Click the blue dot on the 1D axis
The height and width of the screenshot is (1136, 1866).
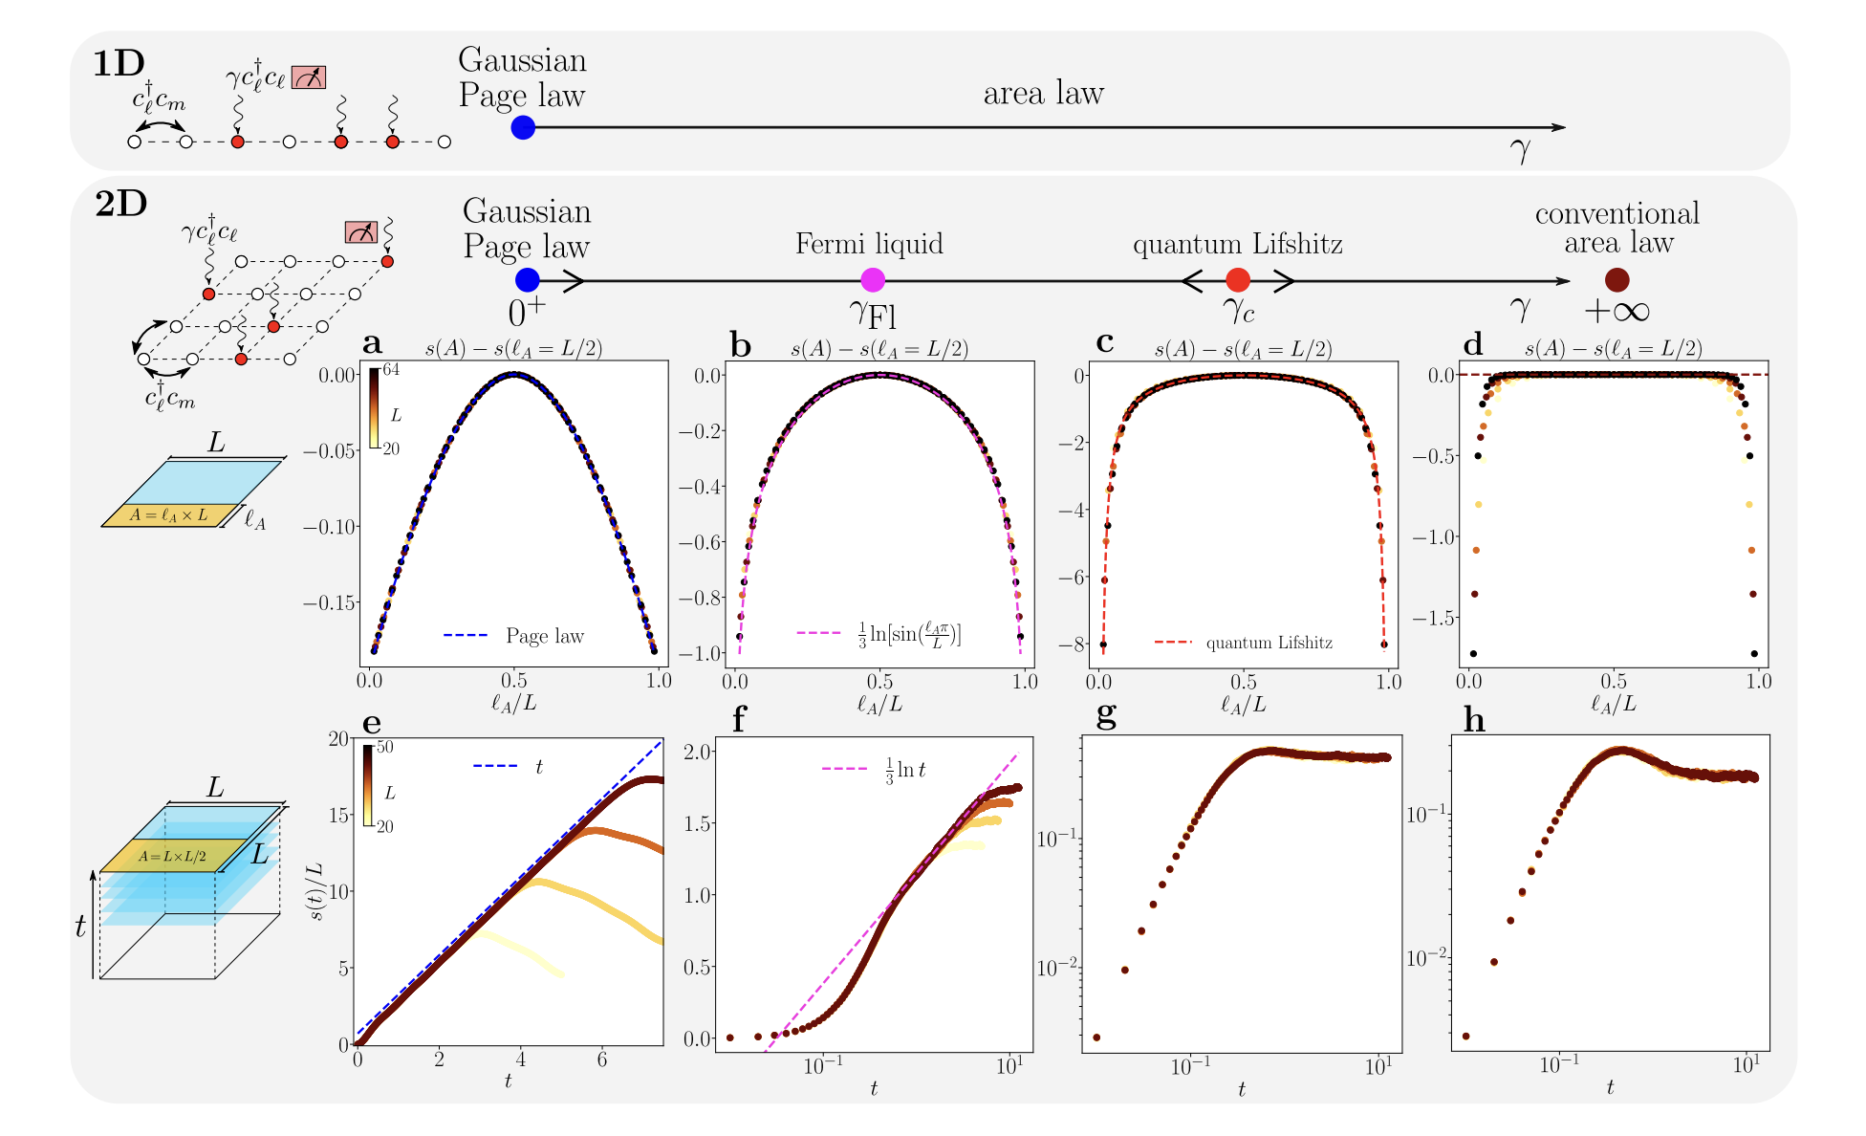(522, 127)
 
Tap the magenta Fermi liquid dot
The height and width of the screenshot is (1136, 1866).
(872, 279)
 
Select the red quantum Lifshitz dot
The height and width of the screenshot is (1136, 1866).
(1237, 279)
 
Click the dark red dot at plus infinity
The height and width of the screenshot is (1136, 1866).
(1616, 279)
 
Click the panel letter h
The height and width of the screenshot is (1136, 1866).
(1474, 720)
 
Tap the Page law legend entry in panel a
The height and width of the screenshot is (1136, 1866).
(514, 636)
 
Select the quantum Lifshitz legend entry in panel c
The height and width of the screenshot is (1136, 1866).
(1243, 643)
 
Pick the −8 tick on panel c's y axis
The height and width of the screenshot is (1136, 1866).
(1077, 644)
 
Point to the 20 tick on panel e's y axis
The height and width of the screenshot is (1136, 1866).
(337, 738)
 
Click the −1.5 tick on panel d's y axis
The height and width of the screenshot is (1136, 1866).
(1434, 618)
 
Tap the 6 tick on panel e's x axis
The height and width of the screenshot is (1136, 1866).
(601, 1060)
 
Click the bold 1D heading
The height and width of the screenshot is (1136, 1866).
(118, 64)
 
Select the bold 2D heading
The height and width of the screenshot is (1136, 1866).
(120, 205)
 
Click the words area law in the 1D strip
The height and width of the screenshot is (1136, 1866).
(1043, 94)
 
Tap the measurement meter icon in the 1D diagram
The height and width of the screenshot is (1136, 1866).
(309, 76)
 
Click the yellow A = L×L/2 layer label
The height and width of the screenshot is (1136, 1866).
(173, 856)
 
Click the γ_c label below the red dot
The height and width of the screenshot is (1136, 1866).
(1238, 310)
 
